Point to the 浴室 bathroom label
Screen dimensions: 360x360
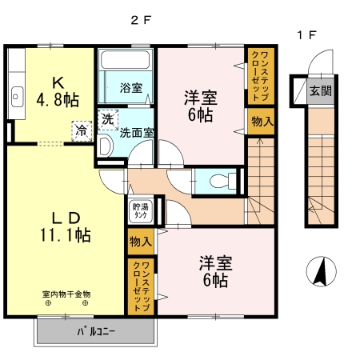click(x=130, y=88)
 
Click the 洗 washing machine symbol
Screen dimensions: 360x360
click(x=107, y=118)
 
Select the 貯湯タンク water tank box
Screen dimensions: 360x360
click(x=138, y=211)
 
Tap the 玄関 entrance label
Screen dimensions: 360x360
click(x=321, y=90)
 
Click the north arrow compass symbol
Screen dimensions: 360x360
click(x=322, y=272)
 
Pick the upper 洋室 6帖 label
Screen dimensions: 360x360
click(x=198, y=106)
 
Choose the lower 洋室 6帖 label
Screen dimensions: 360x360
click(x=213, y=270)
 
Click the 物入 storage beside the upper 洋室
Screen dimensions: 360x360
click(x=260, y=122)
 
